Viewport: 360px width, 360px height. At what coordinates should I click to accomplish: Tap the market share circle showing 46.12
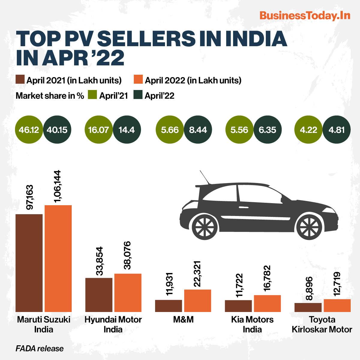pos(29,130)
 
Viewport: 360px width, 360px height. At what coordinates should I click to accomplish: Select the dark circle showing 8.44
pos(198,130)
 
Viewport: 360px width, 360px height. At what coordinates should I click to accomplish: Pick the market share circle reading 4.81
pos(337,130)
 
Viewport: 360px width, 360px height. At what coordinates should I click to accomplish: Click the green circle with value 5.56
pos(239,130)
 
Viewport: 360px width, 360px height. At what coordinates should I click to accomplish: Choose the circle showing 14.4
pos(127,130)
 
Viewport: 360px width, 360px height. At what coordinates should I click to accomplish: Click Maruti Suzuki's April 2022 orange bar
pos(58,259)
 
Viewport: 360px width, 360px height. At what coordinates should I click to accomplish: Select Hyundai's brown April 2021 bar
pos(99,295)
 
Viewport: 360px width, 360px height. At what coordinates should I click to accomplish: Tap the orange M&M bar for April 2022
pos(198,301)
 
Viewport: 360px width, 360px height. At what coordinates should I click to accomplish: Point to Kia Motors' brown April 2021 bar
pos(238,306)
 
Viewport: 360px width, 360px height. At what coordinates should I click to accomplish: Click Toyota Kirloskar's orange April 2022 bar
pos(337,305)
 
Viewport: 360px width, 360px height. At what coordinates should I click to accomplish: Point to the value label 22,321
pos(197,274)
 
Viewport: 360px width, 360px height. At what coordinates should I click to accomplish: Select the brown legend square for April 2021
pos(20,79)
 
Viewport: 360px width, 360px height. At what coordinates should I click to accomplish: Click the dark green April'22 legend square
pos(138,95)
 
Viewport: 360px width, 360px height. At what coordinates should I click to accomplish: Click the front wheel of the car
pos(309,227)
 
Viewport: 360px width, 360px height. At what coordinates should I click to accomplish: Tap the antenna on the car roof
pos(205,177)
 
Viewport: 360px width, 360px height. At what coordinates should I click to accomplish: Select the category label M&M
pos(183,319)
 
